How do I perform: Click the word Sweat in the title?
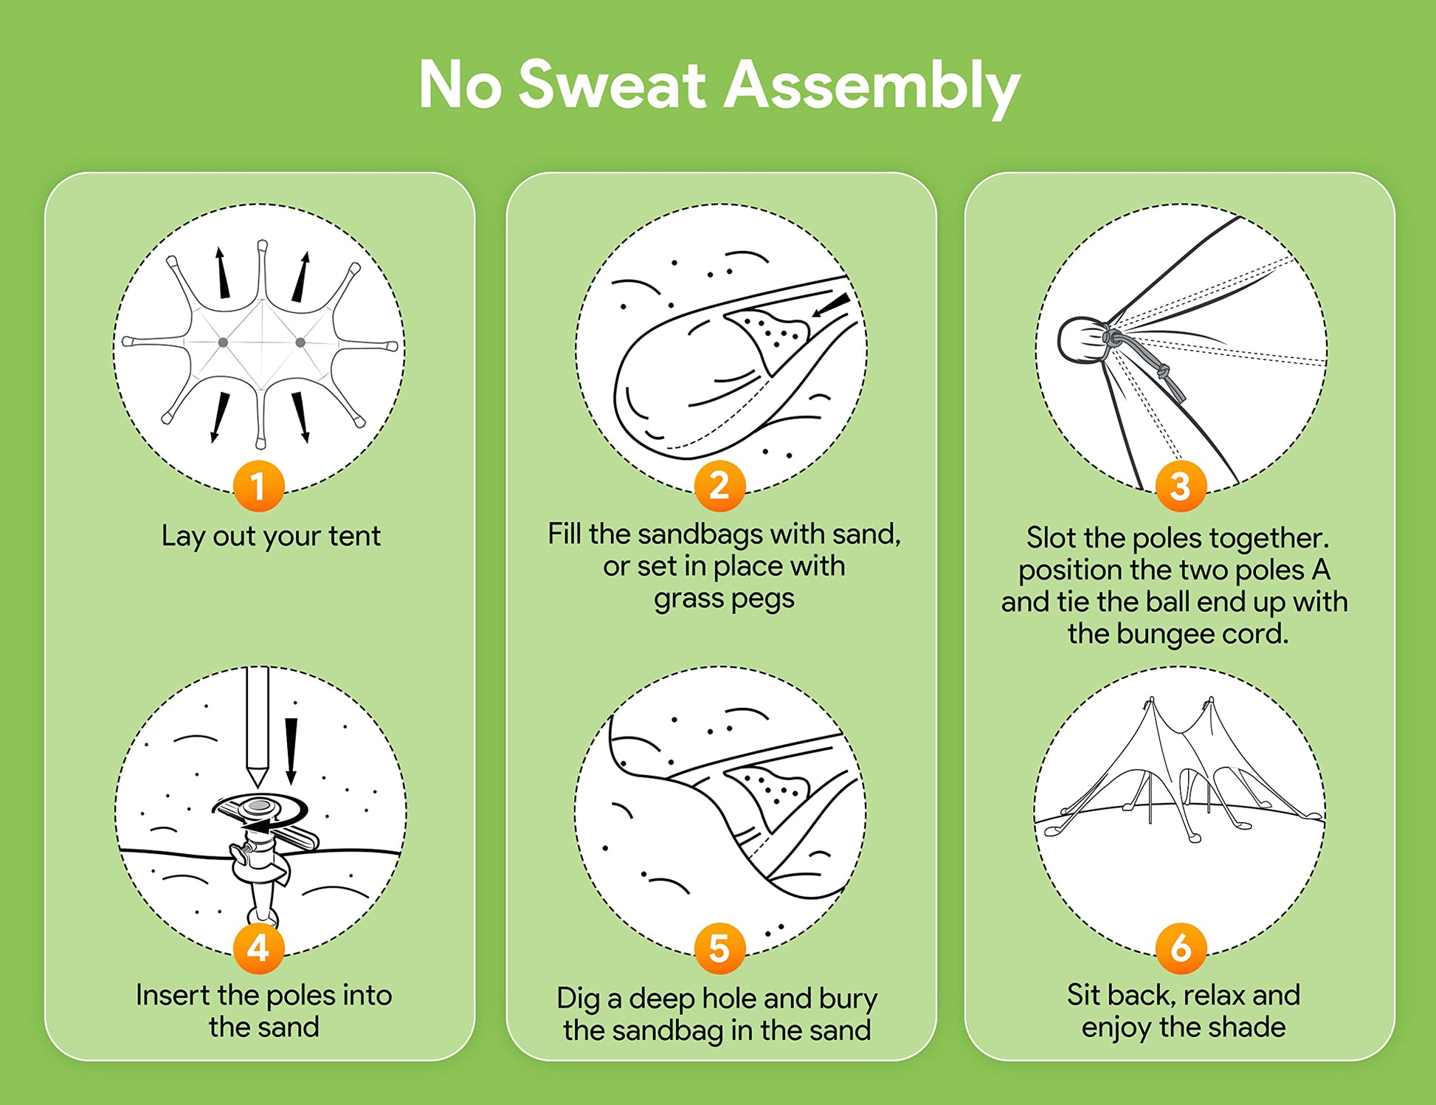click(613, 85)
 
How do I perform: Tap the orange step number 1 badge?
click(258, 486)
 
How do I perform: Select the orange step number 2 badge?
click(719, 486)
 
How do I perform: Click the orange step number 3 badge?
click(1181, 486)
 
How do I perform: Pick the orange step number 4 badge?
click(258, 948)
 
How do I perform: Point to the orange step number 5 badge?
click(719, 948)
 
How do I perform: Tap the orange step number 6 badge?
click(1181, 948)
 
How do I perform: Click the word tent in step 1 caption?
click(355, 536)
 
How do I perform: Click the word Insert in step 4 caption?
click(173, 995)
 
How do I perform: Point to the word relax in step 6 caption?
click(1214, 995)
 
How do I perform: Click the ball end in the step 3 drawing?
click(1081, 340)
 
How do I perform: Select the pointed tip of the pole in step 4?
click(257, 785)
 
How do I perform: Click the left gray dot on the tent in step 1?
click(223, 342)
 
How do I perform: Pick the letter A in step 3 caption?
click(1321, 570)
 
